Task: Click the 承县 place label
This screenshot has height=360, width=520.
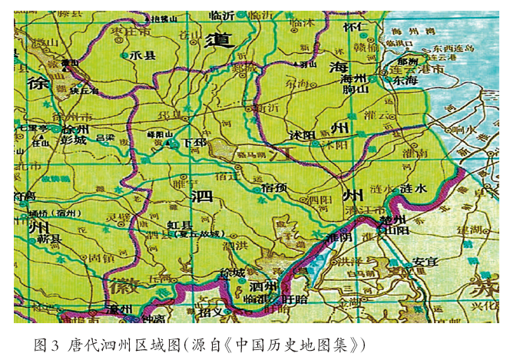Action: click(144, 55)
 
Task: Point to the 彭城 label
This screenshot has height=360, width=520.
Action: click(75, 140)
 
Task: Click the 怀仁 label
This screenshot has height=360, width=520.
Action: click(356, 27)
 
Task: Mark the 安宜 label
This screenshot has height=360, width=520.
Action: click(425, 262)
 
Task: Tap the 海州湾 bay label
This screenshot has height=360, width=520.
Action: click(406, 31)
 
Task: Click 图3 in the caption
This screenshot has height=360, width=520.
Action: click(47, 343)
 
